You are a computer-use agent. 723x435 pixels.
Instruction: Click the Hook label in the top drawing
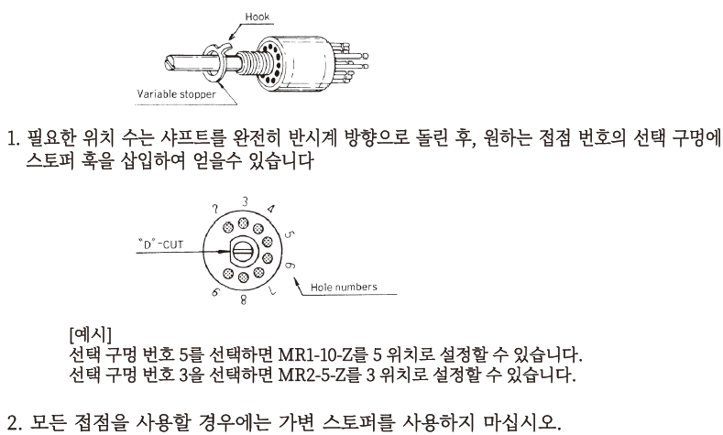pyautogui.click(x=257, y=16)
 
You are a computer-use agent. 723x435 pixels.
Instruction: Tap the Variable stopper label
pyautogui.click(x=176, y=94)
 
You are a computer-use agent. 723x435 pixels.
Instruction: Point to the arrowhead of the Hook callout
pyautogui.click(x=231, y=38)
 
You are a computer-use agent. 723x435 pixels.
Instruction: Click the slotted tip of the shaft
pyautogui.click(x=170, y=63)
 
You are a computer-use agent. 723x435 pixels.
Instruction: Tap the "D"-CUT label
pyautogui.click(x=161, y=244)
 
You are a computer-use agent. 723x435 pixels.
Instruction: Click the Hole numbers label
pyautogui.click(x=344, y=287)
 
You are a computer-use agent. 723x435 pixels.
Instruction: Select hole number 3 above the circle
pyautogui.click(x=245, y=201)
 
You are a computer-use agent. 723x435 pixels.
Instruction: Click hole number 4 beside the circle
pyautogui.click(x=270, y=209)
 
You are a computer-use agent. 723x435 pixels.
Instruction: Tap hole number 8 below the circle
pyautogui.click(x=244, y=300)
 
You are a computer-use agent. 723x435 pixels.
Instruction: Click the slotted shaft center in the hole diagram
pyautogui.click(x=242, y=251)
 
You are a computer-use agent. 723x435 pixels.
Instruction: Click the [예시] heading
pyautogui.click(x=91, y=333)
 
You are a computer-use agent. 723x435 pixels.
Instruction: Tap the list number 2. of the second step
pyautogui.click(x=15, y=422)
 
